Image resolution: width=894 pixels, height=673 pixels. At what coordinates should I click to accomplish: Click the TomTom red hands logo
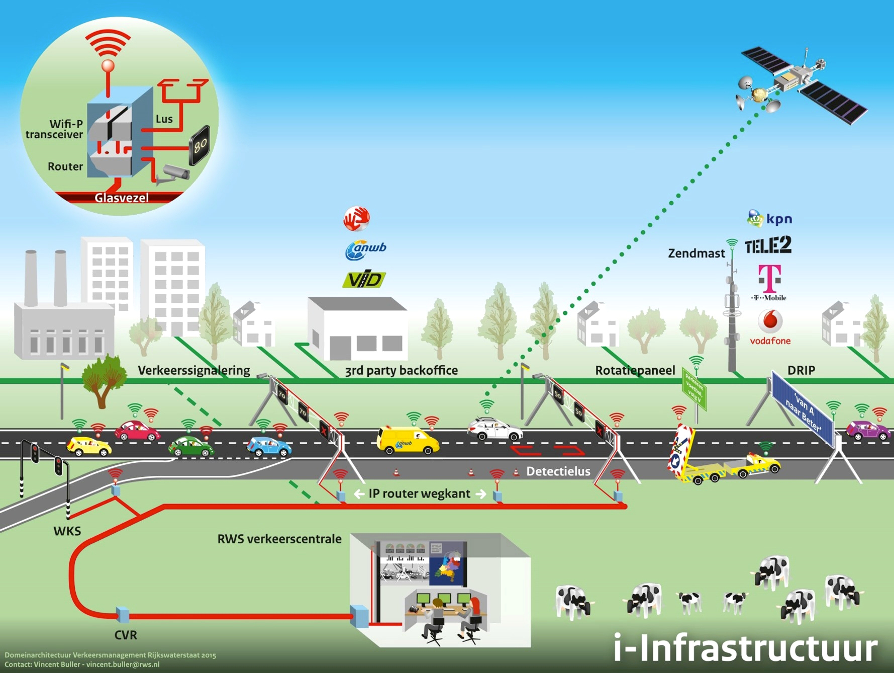(x=356, y=219)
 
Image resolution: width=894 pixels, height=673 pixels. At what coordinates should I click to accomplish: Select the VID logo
(x=364, y=280)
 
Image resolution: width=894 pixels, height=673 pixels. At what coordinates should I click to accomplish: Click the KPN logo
(x=770, y=219)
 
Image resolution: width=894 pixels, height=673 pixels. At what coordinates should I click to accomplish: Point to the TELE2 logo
(x=767, y=245)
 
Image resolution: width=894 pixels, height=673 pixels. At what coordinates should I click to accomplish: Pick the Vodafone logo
(x=770, y=327)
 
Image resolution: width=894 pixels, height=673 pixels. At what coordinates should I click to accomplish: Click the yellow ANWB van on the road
(x=407, y=440)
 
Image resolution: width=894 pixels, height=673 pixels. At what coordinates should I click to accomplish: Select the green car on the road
(x=190, y=447)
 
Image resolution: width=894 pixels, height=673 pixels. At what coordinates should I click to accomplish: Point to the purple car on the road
(x=868, y=431)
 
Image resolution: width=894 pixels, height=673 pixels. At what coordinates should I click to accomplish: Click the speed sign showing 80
(x=200, y=145)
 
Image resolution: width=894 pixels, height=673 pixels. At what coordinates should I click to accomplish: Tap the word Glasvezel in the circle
(x=122, y=198)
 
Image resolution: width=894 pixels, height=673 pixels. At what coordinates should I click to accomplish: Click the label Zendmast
(x=696, y=254)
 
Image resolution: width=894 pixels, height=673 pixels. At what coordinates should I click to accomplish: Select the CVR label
(x=126, y=635)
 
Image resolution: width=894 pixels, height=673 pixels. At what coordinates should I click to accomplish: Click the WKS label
(x=67, y=531)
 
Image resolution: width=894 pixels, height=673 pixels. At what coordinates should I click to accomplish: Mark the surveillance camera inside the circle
(x=173, y=173)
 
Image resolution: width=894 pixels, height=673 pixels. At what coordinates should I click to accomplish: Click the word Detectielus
(x=558, y=472)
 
